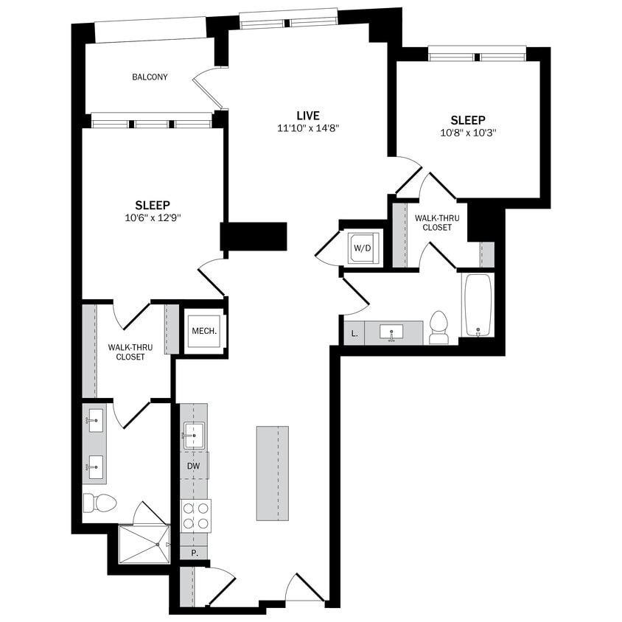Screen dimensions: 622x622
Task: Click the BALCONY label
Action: pos(150,77)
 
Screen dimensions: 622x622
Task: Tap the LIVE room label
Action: pos(308,116)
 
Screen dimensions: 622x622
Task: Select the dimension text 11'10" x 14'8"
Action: pos(308,128)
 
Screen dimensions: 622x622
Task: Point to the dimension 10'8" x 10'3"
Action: pos(468,133)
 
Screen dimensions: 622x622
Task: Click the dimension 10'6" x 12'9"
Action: pos(153,217)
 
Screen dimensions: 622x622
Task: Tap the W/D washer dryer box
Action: pos(363,248)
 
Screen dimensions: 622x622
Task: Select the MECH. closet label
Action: pos(204,331)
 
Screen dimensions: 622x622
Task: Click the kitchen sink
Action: pos(194,436)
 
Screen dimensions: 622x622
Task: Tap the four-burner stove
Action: pos(195,515)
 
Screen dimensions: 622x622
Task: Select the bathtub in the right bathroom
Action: pos(478,305)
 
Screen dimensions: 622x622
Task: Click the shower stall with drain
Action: pos(144,544)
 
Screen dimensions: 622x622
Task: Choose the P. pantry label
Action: pos(195,552)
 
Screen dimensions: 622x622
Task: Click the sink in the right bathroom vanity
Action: pos(391,332)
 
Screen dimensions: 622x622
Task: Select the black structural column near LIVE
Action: pos(254,237)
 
